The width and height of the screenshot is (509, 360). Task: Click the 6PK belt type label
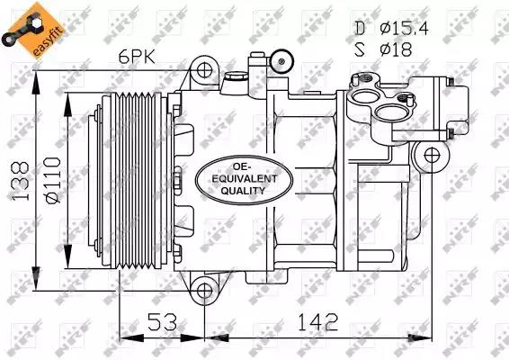pyautogui.click(x=137, y=58)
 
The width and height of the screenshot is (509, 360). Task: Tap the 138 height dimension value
pyautogui.click(x=21, y=181)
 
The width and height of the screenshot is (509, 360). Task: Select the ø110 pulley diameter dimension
pyautogui.click(x=53, y=181)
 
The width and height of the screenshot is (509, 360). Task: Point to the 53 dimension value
pyautogui.click(x=163, y=322)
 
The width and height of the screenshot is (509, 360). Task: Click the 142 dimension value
pyautogui.click(x=318, y=322)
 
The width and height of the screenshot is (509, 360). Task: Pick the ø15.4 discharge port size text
pyautogui.click(x=404, y=29)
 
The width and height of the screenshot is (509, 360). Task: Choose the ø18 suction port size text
pyautogui.click(x=396, y=49)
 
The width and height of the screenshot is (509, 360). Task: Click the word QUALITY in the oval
pyautogui.click(x=243, y=191)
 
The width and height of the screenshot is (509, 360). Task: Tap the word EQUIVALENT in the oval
pyautogui.click(x=245, y=179)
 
